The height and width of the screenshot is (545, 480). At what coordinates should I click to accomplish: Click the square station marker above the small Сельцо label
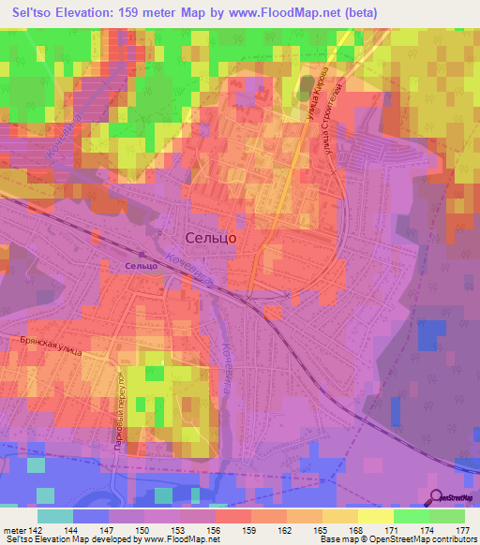142,253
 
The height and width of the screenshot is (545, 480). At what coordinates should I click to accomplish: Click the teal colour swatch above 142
55,516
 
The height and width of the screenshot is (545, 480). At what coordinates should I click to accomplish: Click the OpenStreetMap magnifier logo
437,499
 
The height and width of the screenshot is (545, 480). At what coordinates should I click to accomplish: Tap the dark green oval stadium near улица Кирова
305,85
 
